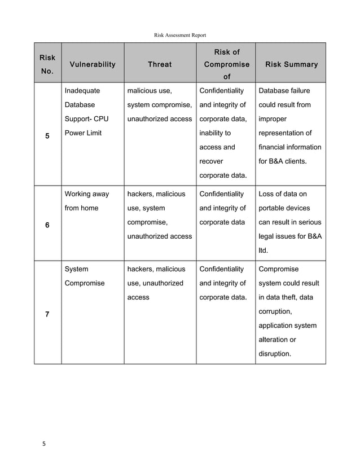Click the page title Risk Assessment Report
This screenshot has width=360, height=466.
pos(180,35)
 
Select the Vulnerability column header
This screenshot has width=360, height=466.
pos(92,64)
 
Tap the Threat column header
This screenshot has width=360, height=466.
pos(160,64)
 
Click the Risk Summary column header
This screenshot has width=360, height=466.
pos(291,64)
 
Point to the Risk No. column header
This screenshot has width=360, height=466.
pos(47,65)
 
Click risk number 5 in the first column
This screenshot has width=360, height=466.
pos(47,136)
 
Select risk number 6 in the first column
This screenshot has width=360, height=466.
pos(47,225)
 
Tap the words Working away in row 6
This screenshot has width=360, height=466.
pos(87,194)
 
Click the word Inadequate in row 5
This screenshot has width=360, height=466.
pos(82,90)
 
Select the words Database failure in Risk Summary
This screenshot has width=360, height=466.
pos(284,90)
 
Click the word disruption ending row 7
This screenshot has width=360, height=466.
pos(275,354)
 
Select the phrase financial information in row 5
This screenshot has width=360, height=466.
pos(289,147)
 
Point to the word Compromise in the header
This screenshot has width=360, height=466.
pos(227,64)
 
